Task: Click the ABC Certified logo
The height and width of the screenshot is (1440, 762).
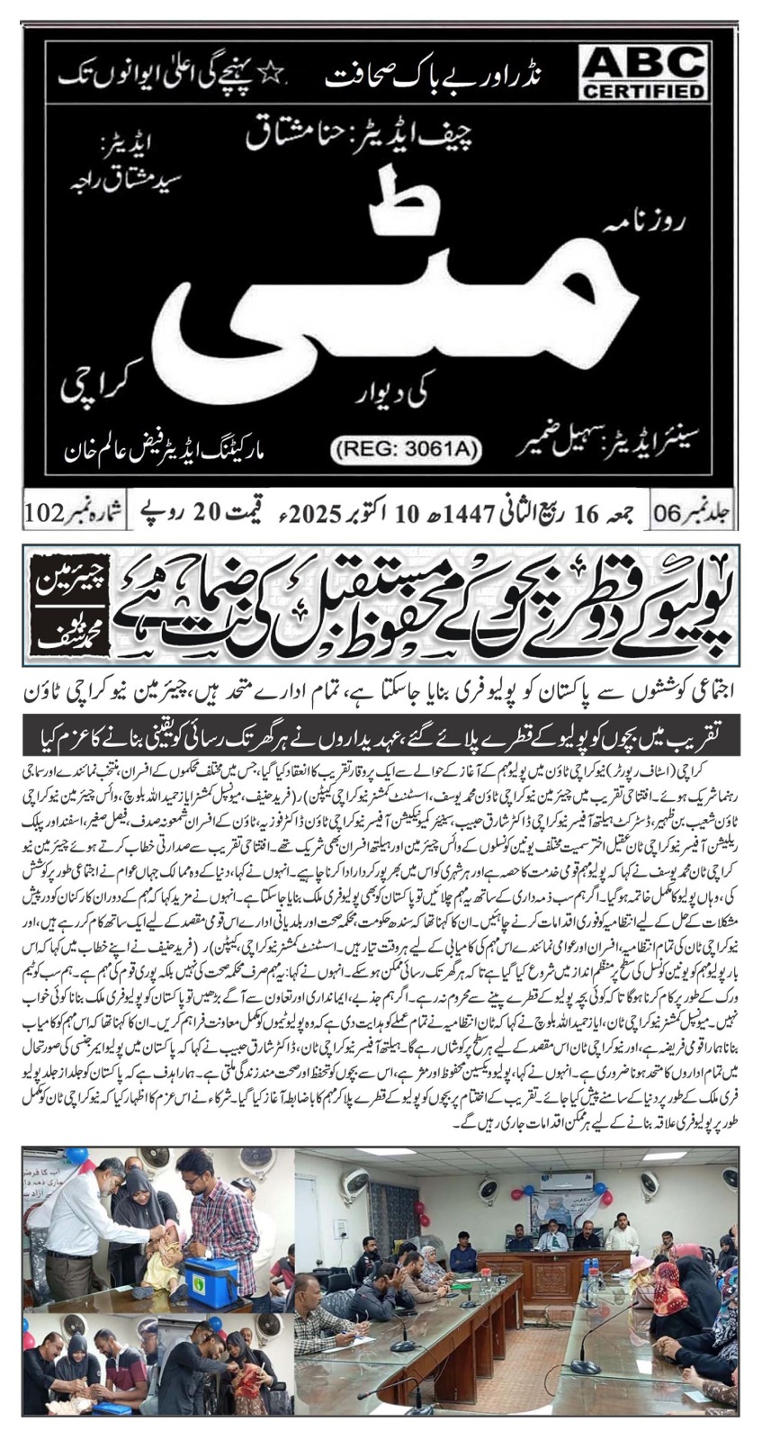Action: coord(642,73)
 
